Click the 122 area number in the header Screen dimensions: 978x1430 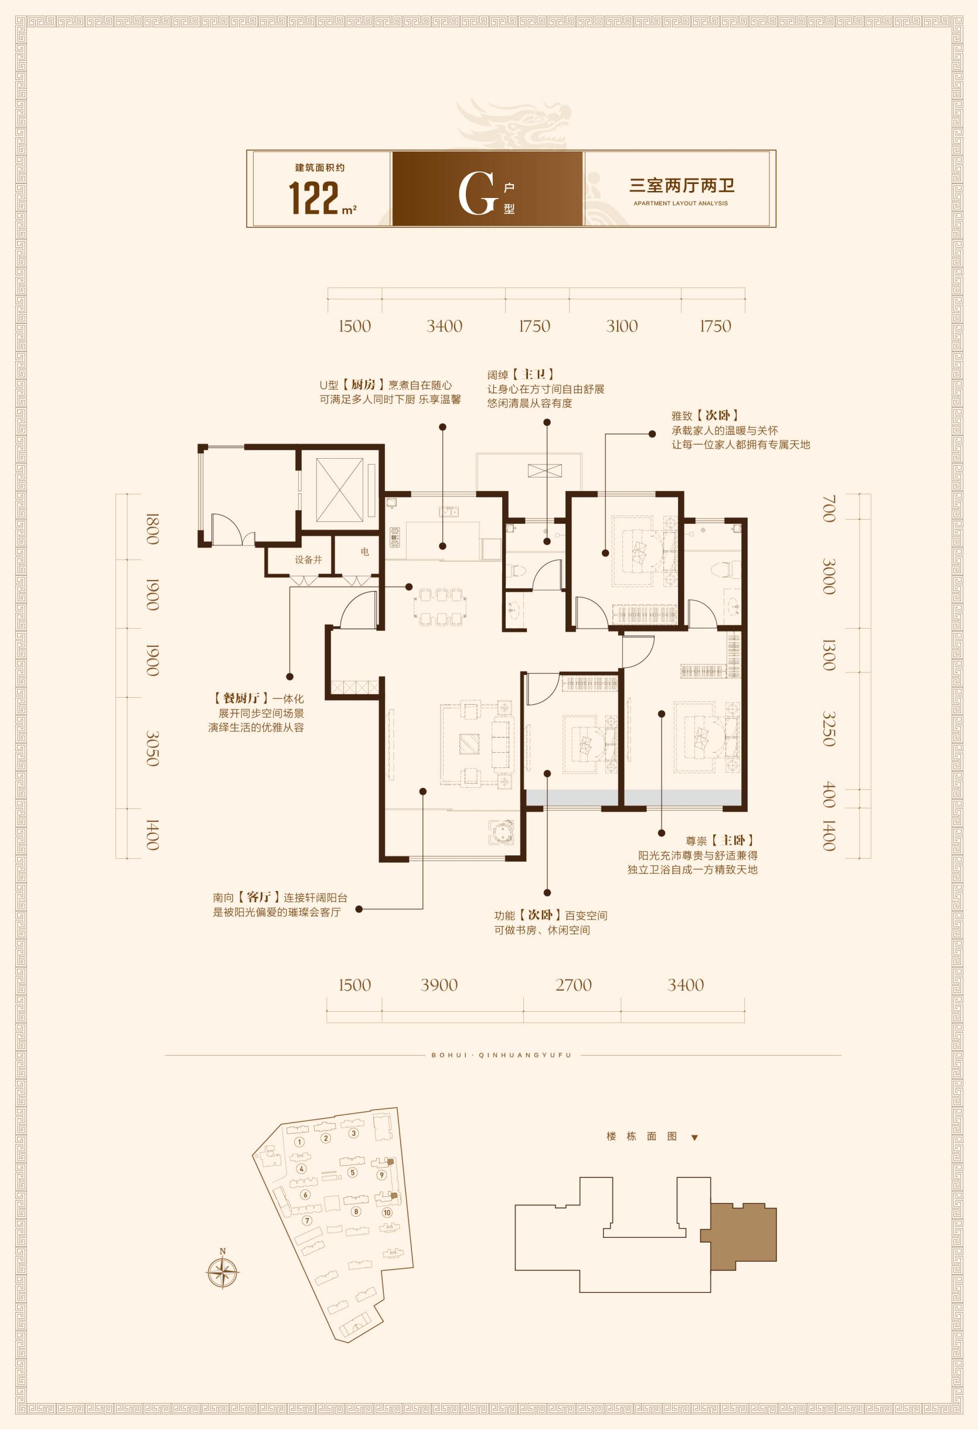[x=315, y=199]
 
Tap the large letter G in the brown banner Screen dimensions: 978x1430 [x=477, y=194]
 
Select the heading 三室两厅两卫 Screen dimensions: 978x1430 [x=681, y=185]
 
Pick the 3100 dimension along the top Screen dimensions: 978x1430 [x=622, y=326]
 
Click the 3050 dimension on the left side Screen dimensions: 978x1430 [x=152, y=748]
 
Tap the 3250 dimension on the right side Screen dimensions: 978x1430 [x=829, y=729]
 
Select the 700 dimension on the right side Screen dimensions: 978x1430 [x=829, y=508]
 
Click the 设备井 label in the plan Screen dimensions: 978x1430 [x=308, y=560]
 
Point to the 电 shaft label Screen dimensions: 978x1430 [x=365, y=552]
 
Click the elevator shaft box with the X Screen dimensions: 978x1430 [x=339, y=489]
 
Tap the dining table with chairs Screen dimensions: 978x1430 [x=441, y=607]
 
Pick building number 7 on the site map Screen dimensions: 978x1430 [x=307, y=1220]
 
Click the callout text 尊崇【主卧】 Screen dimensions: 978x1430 [x=720, y=840]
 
